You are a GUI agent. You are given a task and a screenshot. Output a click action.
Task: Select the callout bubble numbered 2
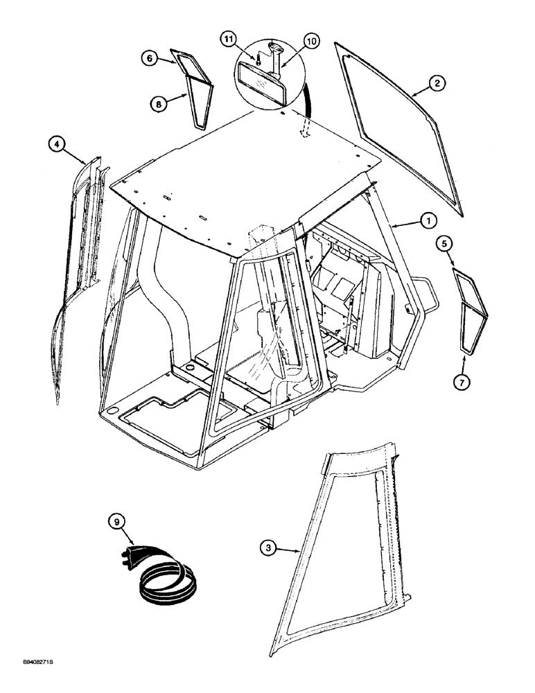point(436,83)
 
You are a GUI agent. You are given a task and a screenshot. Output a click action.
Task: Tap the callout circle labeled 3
point(272,548)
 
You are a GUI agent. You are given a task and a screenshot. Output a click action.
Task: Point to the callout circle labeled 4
point(58,145)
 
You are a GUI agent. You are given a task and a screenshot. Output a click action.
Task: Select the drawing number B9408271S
point(33,683)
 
